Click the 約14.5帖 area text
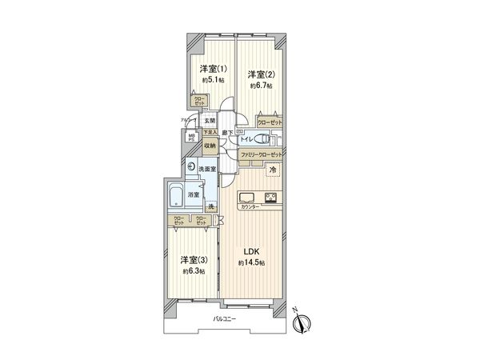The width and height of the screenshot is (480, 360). pyautogui.click(x=251, y=263)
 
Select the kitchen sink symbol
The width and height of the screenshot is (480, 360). pyautogui.click(x=246, y=198)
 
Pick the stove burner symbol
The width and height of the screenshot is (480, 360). pyautogui.click(x=270, y=198)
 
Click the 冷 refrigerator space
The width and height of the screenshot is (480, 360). pyautogui.click(x=272, y=170)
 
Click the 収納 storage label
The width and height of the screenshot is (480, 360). pyautogui.click(x=209, y=146)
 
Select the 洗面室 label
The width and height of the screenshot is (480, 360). pyautogui.click(x=210, y=169)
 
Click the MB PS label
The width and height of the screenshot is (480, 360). pyautogui.click(x=191, y=138)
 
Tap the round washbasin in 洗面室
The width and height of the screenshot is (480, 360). pyautogui.click(x=193, y=168)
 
